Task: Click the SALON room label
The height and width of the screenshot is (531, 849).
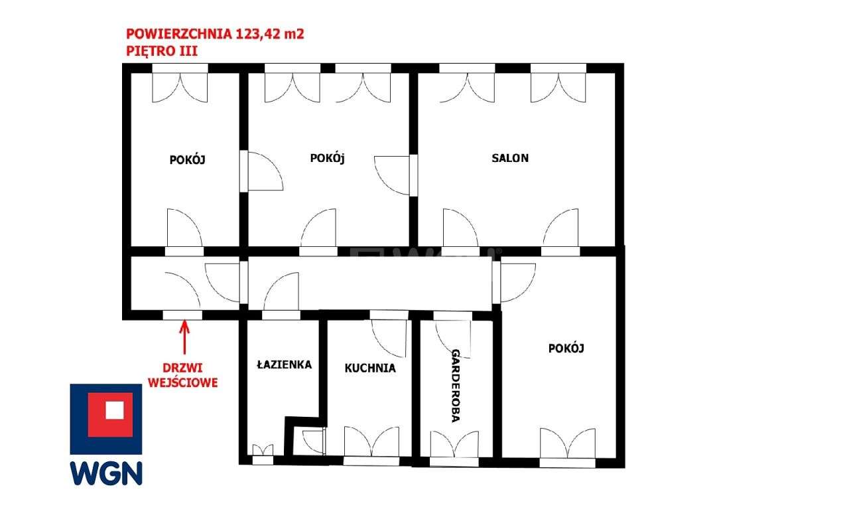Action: click(x=510, y=158)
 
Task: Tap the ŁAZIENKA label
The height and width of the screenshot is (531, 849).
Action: click(x=284, y=364)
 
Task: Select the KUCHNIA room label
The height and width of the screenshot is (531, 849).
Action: click(x=369, y=368)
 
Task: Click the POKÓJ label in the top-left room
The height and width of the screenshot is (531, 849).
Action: click(x=188, y=159)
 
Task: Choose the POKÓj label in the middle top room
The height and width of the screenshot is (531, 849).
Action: click(x=328, y=158)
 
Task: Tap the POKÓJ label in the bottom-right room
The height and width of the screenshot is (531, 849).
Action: click(x=566, y=348)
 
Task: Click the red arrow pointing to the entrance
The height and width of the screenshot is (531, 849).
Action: click(x=183, y=337)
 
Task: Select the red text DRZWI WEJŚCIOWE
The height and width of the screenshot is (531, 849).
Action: click(x=183, y=375)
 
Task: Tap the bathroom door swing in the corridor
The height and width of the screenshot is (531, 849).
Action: click(x=281, y=291)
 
